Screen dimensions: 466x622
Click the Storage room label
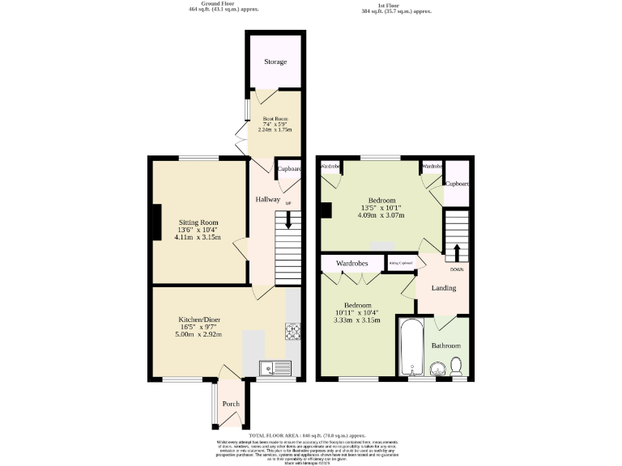275,61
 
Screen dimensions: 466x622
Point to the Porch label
231,405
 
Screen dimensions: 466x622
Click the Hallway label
268,200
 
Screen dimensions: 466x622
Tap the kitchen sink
275,368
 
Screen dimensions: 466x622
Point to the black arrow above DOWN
456,253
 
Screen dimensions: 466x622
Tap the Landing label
443,288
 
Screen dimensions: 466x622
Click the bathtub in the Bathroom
409,348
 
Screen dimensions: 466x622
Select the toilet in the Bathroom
457,367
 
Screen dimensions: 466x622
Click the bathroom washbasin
438,369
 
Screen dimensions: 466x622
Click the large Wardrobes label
352,264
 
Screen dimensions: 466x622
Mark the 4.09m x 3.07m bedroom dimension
381,216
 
